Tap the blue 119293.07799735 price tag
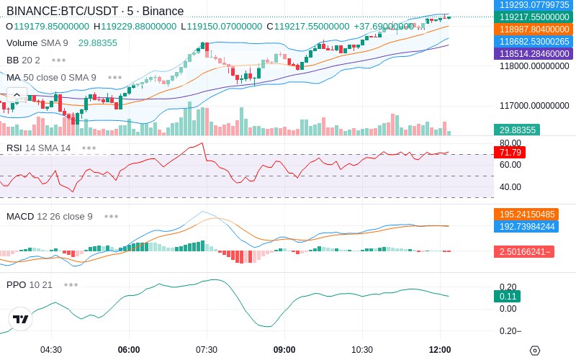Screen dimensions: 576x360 (534, 5)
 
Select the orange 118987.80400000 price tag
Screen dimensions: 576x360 (534, 29)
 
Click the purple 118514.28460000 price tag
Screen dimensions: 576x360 (534, 53)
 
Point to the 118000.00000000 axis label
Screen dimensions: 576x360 (534, 66)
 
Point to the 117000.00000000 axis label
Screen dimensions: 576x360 (534, 106)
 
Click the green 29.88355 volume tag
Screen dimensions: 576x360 (517, 130)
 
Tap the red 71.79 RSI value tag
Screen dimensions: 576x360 (510, 152)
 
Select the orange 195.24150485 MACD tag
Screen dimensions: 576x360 (526, 214)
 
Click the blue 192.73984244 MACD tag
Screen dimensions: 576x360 (526, 226)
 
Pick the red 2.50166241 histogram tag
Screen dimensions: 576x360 (524, 251)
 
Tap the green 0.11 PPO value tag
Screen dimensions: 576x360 (508, 297)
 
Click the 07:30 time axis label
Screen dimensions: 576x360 (207, 350)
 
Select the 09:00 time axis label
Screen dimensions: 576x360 (284, 350)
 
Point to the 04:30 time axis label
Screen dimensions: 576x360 (51, 350)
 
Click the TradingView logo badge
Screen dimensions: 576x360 (21, 319)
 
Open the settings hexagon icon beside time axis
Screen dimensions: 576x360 (535, 351)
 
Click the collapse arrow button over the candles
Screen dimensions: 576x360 (17, 95)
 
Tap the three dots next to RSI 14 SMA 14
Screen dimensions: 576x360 (89, 148)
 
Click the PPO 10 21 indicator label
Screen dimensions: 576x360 (30, 284)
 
